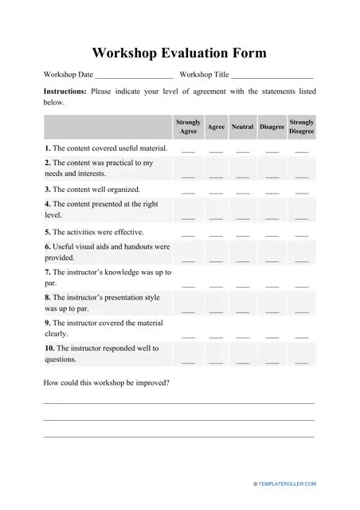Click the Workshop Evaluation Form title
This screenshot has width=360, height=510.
(x=179, y=53)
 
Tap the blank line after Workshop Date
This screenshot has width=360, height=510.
(x=134, y=76)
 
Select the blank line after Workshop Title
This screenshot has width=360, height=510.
(x=272, y=76)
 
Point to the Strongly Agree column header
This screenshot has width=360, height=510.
(x=188, y=127)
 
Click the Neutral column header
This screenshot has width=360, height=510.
(x=242, y=127)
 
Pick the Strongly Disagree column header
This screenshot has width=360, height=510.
(x=301, y=127)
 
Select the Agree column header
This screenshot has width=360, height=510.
(x=216, y=127)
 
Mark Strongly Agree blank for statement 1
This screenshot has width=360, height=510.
(x=188, y=151)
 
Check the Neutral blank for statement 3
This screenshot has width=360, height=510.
(x=242, y=192)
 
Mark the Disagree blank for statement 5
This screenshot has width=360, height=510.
(x=272, y=234)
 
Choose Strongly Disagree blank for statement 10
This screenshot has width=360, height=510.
(x=301, y=363)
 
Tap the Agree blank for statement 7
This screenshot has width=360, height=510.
(x=216, y=284)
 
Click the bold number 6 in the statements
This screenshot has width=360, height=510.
(x=47, y=247)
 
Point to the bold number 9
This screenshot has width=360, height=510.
(x=47, y=323)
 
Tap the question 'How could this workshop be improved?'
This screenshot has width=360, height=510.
(x=106, y=382)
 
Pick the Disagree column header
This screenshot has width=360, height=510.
(x=272, y=127)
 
